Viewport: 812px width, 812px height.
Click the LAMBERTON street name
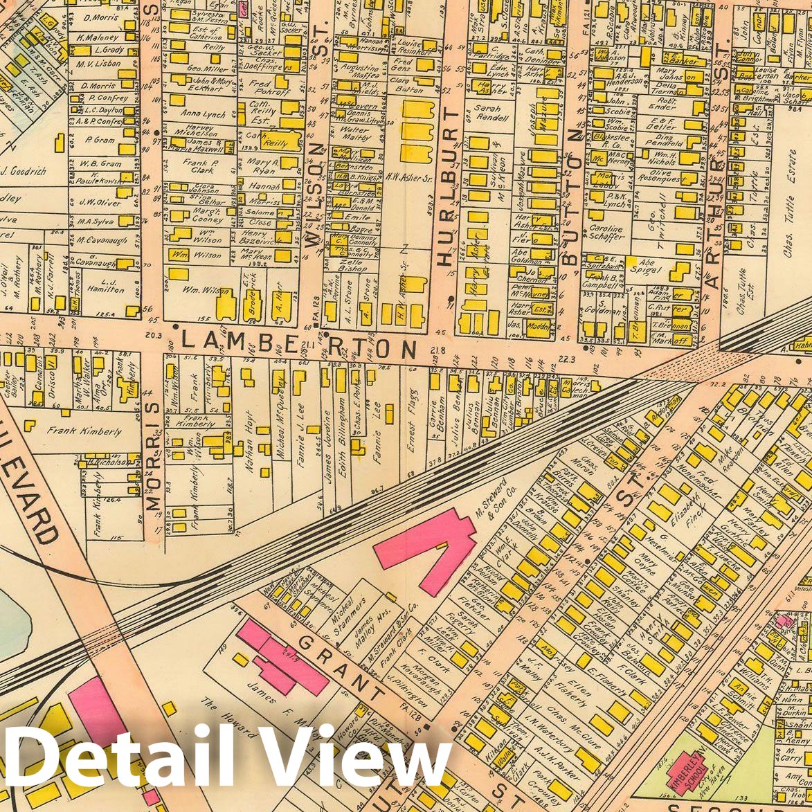click(x=300, y=343)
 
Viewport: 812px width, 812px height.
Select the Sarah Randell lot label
click(x=492, y=113)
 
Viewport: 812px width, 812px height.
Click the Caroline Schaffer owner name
click(x=606, y=233)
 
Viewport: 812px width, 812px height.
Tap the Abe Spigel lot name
click(x=647, y=267)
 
